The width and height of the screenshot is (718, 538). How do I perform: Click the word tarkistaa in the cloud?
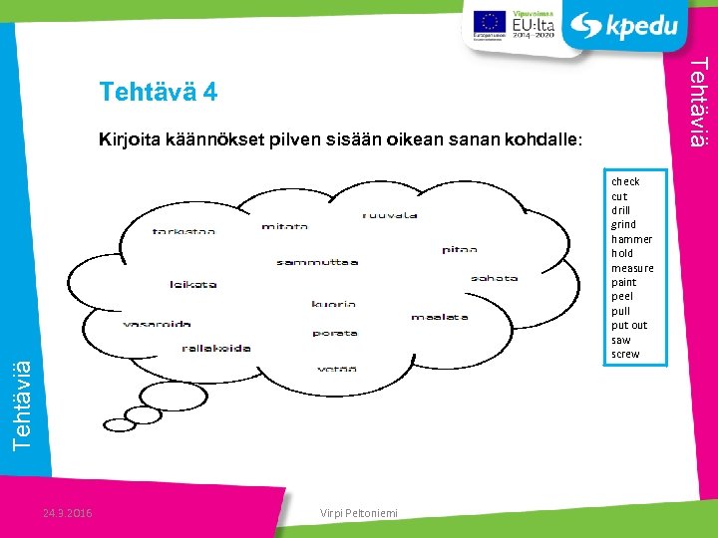pos(183,232)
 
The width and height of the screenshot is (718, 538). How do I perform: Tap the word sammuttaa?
pos(317,263)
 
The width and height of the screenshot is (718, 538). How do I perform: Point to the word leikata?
pos(193,285)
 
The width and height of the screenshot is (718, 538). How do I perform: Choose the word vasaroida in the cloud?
pos(157,324)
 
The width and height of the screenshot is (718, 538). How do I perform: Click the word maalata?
pos(440,317)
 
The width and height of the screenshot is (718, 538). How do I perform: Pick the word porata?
pos(335,334)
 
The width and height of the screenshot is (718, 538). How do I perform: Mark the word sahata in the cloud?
pos(495,278)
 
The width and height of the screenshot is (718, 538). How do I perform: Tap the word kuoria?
pos(333,305)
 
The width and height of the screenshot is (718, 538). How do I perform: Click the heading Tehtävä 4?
pos(158,93)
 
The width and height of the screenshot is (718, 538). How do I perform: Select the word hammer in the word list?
pos(631,239)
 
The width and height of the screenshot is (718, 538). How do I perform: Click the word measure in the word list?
pos(632,268)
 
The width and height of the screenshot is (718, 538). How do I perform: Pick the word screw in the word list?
pos(625,355)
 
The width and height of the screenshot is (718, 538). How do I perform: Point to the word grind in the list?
pos(623,225)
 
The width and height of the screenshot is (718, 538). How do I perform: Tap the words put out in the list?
pos(629,326)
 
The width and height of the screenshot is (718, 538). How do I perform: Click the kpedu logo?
pos(629,26)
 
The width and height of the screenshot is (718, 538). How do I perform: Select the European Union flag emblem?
pos(489,22)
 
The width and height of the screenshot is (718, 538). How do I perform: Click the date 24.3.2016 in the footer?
pos(68,513)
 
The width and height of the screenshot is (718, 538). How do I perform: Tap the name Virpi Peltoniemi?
pos(359,513)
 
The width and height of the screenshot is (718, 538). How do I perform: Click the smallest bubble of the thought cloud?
pos(120,425)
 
